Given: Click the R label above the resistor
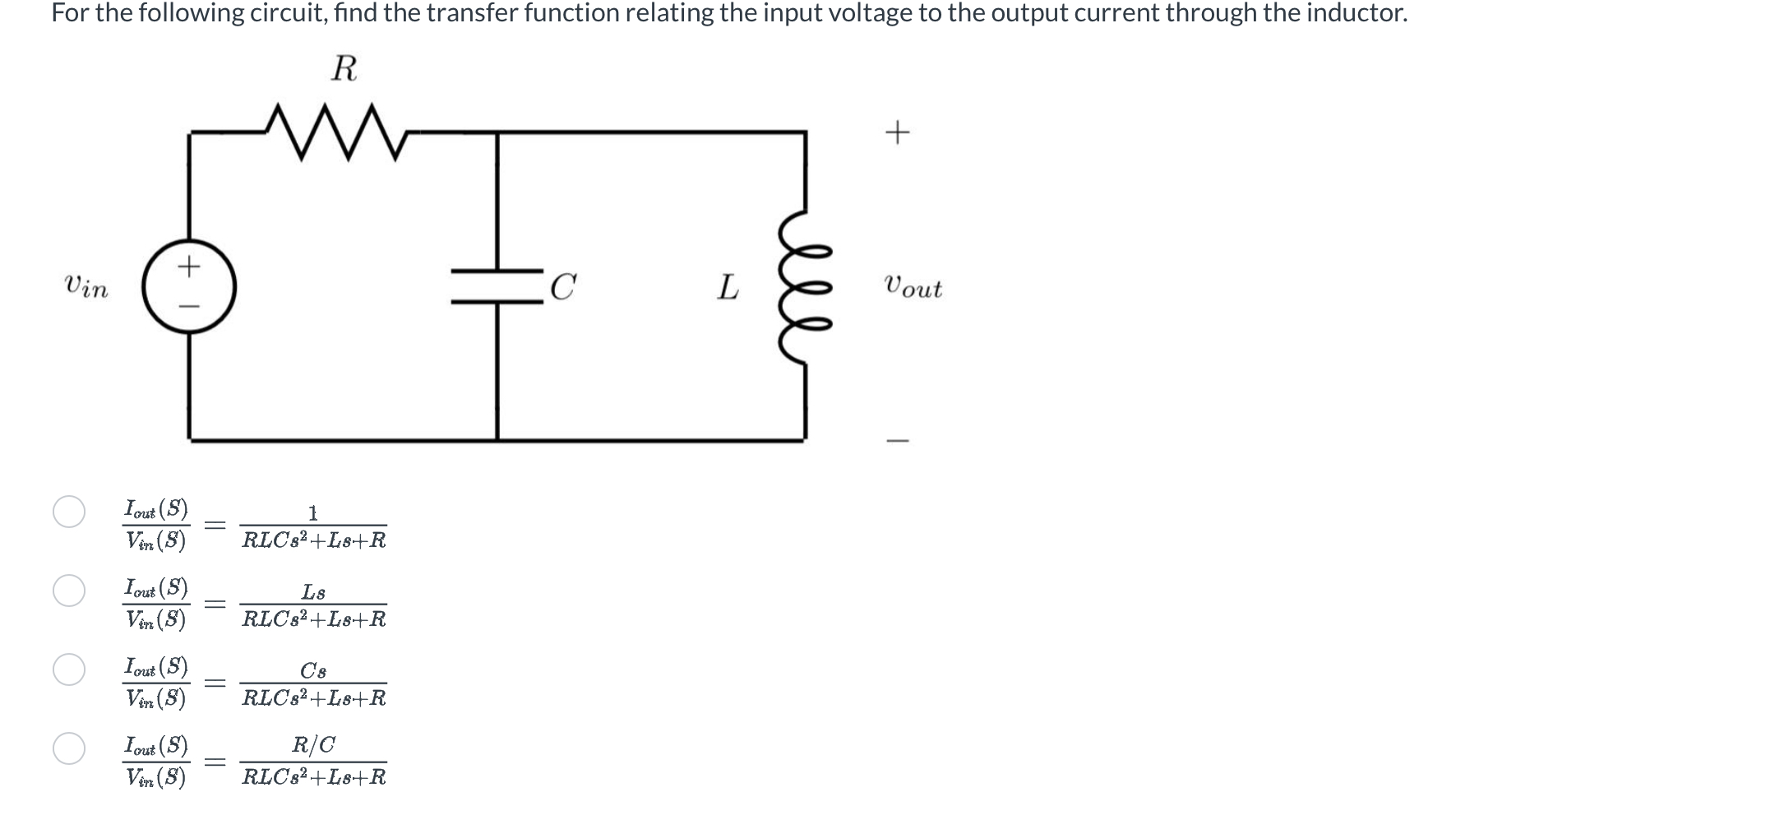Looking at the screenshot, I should [x=344, y=69].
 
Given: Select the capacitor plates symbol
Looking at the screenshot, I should [x=497, y=286].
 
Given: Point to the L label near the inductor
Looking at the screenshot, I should [x=728, y=288].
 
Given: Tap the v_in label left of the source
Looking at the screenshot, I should [x=86, y=288].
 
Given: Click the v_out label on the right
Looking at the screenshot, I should [x=913, y=288].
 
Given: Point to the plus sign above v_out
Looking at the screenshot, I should [x=897, y=132].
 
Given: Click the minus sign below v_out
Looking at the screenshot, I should [x=897, y=441].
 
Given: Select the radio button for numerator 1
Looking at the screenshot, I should [x=69, y=512].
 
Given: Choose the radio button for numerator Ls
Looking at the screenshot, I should [x=69, y=591].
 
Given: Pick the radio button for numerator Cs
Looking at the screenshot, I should [x=69, y=669].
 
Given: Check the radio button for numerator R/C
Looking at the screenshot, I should [x=69, y=748].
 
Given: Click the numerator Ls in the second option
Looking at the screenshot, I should [x=313, y=592].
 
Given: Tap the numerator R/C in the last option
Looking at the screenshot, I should [x=313, y=745].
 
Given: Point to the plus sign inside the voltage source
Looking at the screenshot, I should [x=190, y=266].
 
